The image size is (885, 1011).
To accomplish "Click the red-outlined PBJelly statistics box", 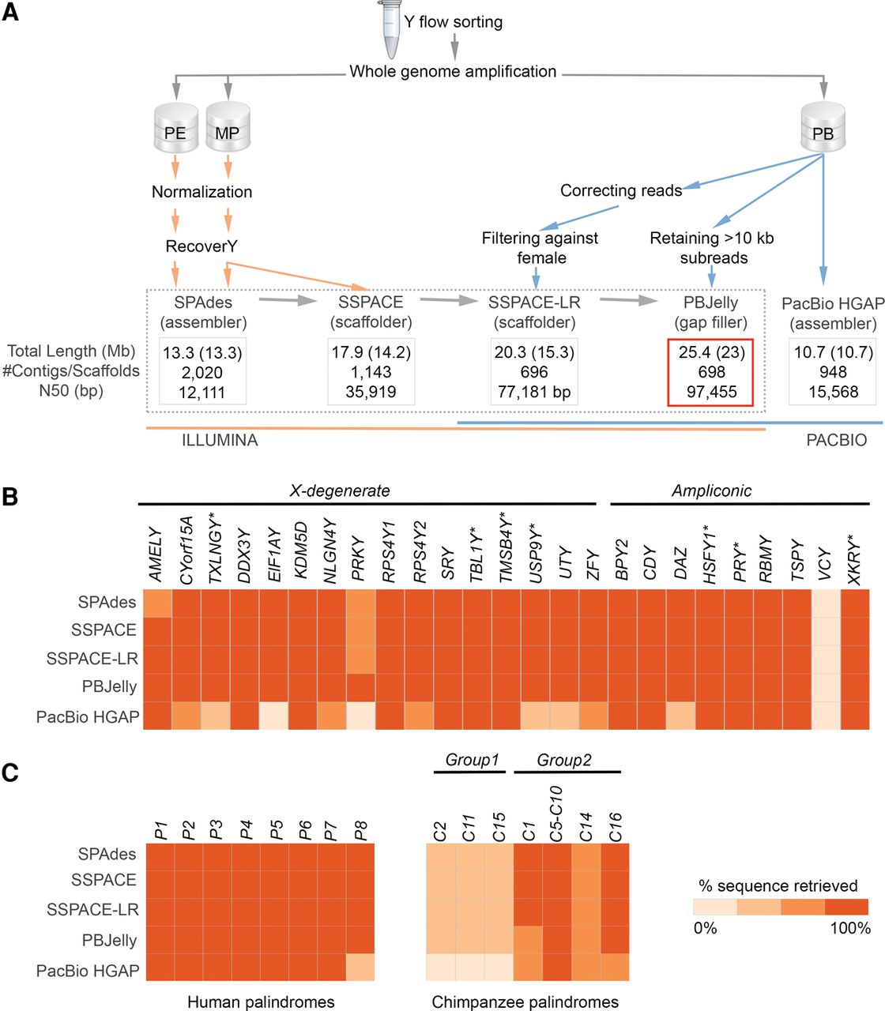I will coord(711,372).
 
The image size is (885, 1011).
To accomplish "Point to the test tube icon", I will coord(391,30).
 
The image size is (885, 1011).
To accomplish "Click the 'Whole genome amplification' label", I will coord(453,72).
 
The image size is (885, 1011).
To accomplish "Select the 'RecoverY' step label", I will coord(201,246).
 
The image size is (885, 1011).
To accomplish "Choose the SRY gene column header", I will coord(448,562).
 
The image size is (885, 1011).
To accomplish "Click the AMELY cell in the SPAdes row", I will coord(158,603).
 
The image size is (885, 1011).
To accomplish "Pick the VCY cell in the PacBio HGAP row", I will coord(826,716).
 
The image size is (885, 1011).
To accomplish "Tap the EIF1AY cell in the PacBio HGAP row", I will coord(274,716).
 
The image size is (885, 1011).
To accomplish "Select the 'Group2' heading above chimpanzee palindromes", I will coord(564,760).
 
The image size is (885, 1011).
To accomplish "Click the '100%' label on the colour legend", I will coord(849,928).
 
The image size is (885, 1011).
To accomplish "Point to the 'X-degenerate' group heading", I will coord(340,490).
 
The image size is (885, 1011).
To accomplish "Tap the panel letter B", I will coord(10,498).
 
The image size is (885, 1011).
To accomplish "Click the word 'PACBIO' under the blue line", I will coord(836,440).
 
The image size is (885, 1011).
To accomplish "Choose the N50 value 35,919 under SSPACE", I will coord(371,392).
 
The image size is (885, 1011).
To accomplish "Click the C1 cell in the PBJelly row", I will coord(528,940).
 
